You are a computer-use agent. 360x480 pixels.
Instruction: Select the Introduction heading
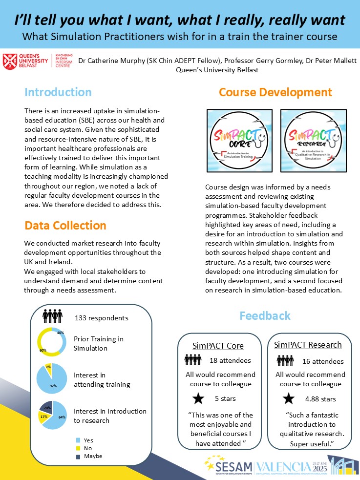click(x=58, y=92)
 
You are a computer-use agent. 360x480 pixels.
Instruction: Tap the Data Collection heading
click(x=65, y=225)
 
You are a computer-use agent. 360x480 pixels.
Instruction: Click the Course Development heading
click(x=275, y=92)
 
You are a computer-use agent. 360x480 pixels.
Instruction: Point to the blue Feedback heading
click(x=265, y=315)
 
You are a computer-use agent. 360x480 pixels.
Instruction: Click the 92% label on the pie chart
click(x=52, y=386)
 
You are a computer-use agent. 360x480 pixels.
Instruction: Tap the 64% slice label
click(x=62, y=417)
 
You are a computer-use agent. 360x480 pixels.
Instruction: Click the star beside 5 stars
click(x=198, y=398)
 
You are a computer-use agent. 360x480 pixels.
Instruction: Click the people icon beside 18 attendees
click(x=193, y=360)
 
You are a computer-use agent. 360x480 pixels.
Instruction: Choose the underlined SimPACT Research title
click(x=308, y=345)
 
